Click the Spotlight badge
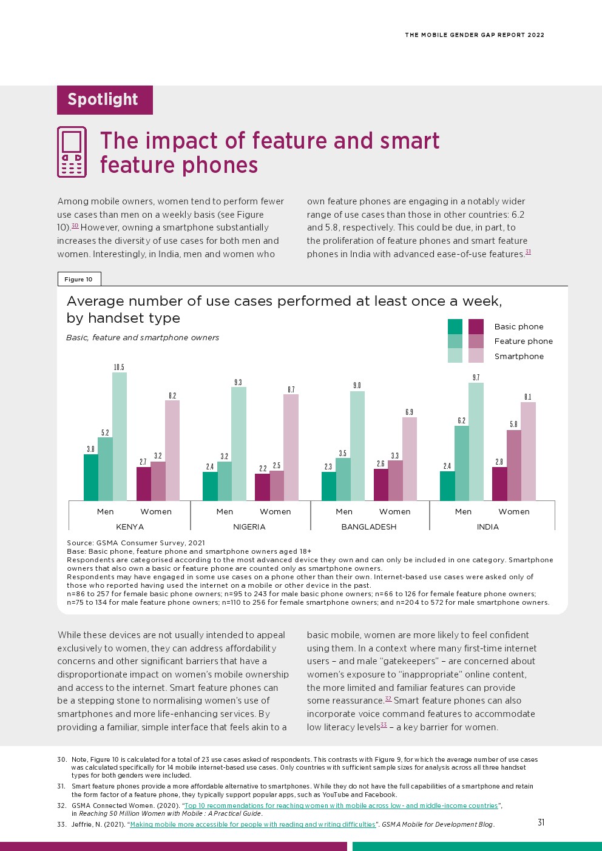104,99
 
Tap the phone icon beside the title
72,152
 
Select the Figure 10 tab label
79,279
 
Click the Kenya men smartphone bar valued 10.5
120,437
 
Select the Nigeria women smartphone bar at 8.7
291,448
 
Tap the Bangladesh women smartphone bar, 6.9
410,459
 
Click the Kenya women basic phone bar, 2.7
143,484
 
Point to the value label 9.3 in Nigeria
238,382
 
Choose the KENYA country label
130,526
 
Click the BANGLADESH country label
369,526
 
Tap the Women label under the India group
514,511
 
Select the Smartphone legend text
519,356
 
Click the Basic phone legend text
519,326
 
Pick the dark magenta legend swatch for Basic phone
476,326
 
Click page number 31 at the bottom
541,822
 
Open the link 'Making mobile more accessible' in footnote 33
252,824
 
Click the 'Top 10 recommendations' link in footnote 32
341,806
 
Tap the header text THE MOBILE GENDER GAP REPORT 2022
475,35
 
